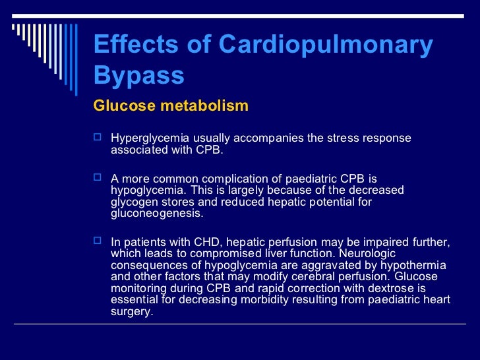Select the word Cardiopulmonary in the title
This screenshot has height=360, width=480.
[326, 45]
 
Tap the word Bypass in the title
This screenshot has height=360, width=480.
[138, 76]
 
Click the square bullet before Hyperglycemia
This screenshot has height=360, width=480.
[98, 138]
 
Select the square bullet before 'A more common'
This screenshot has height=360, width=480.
[98, 178]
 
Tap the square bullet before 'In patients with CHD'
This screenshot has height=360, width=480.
[98, 243]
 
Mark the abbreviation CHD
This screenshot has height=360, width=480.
[198, 243]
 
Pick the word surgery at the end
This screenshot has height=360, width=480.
[132, 311]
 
